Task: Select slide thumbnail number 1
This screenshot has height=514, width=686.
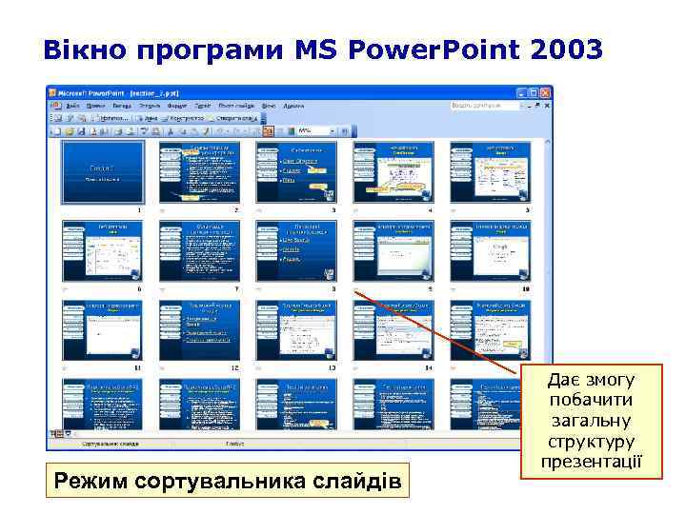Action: tap(102, 172)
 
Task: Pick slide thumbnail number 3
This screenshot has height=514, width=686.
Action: tap(296, 172)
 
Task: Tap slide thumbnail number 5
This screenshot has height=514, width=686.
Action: tap(490, 172)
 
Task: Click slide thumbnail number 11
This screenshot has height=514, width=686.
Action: tap(102, 329)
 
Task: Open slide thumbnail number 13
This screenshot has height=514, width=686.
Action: tap(296, 329)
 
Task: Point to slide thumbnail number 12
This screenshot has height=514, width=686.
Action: tap(199, 329)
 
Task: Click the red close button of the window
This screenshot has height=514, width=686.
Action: tap(545, 92)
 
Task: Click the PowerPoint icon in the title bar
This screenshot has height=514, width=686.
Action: tap(53, 92)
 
